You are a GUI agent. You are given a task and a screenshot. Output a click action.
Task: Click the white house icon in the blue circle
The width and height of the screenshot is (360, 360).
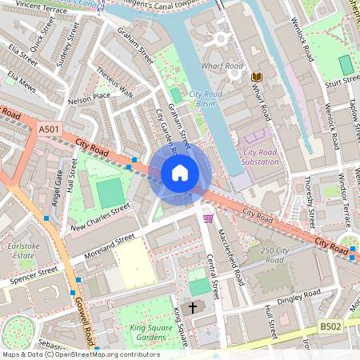(x=180, y=172)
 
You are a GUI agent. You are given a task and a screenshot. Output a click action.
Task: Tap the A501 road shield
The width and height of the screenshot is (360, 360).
(x=49, y=127)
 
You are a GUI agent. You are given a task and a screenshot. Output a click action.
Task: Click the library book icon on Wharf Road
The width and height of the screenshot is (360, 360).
(x=256, y=77)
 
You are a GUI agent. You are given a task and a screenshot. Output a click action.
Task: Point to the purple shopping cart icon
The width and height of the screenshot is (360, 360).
(x=209, y=217)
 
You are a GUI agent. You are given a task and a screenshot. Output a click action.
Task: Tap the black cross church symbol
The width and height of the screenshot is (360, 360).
(x=191, y=308)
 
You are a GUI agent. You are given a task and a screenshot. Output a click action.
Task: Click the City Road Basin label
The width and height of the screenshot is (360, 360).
(x=206, y=99)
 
